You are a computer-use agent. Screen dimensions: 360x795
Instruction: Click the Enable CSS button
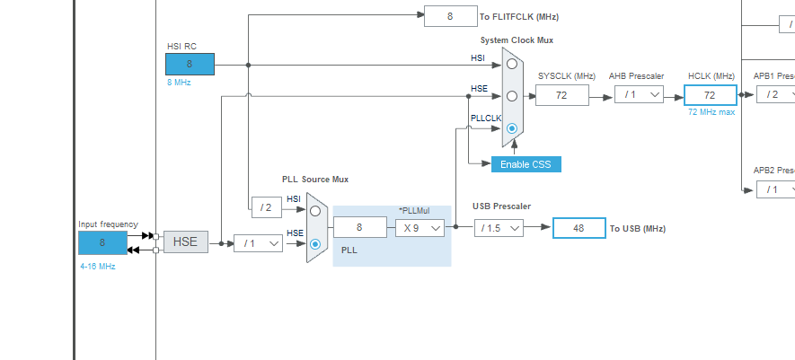click(526, 164)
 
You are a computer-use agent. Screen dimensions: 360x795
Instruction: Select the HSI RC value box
click(190, 64)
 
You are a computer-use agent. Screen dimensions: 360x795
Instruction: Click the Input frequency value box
click(102, 242)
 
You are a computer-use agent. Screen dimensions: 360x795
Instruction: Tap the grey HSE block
click(185, 242)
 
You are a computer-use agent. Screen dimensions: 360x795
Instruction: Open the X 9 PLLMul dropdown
click(420, 228)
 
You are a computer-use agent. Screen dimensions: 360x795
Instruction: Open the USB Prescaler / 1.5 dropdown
click(498, 228)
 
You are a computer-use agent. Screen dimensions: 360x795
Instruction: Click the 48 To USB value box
click(579, 228)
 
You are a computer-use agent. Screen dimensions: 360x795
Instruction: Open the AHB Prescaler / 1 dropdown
click(639, 95)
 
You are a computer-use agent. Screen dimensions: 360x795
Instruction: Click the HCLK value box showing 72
click(710, 95)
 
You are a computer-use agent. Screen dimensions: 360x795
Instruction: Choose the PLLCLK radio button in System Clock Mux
click(511, 128)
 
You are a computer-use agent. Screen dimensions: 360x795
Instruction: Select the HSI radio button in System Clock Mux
click(511, 64)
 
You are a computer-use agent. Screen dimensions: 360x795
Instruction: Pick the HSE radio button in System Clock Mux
click(511, 95)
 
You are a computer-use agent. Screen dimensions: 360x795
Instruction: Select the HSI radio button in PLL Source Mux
click(315, 211)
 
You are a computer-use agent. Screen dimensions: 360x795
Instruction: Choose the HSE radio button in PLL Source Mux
click(315, 243)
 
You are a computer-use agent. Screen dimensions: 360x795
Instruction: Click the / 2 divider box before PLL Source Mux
click(266, 207)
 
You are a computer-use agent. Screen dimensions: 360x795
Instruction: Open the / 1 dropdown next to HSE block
click(258, 242)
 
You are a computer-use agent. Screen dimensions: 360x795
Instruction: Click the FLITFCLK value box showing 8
click(450, 15)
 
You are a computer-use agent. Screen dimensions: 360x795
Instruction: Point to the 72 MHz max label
click(711, 111)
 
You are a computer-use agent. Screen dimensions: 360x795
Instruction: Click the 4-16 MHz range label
click(97, 266)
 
